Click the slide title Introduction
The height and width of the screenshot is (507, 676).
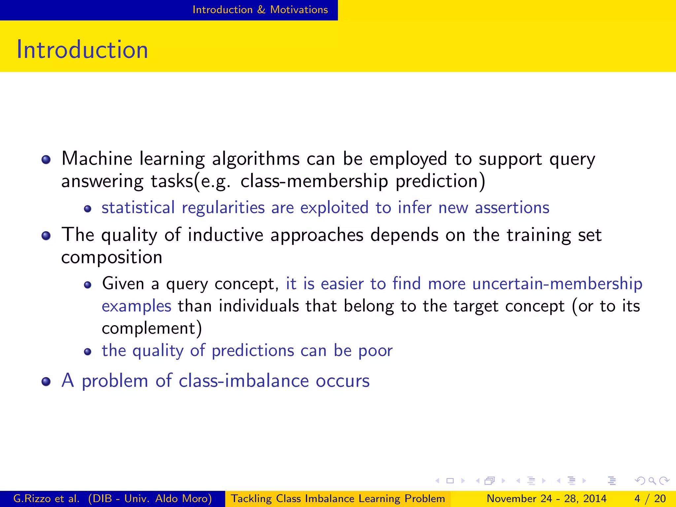click(x=82, y=50)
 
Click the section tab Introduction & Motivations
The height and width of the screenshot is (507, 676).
click(x=260, y=10)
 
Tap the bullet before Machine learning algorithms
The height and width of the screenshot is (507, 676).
click(x=46, y=160)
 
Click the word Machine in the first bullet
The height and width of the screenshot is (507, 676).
click(x=97, y=158)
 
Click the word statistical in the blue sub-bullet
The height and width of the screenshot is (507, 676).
click(x=138, y=208)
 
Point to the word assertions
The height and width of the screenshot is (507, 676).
click(x=512, y=208)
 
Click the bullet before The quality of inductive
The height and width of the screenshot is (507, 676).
click(x=46, y=236)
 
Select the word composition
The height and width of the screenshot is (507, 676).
click(x=112, y=257)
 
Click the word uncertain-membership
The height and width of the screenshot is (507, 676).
click(x=557, y=284)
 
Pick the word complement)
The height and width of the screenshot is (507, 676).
click(x=152, y=328)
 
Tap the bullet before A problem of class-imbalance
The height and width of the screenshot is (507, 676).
click(x=46, y=382)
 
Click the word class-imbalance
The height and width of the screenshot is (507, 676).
click(x=244, y=381)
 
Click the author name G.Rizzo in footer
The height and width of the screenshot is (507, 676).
click(x=32, y=498)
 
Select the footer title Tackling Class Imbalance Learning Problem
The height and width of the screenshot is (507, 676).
click(x=338, y=498)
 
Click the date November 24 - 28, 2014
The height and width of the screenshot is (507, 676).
click(x=546, y=498)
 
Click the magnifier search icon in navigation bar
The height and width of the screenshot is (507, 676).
click(x=652, y=481)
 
